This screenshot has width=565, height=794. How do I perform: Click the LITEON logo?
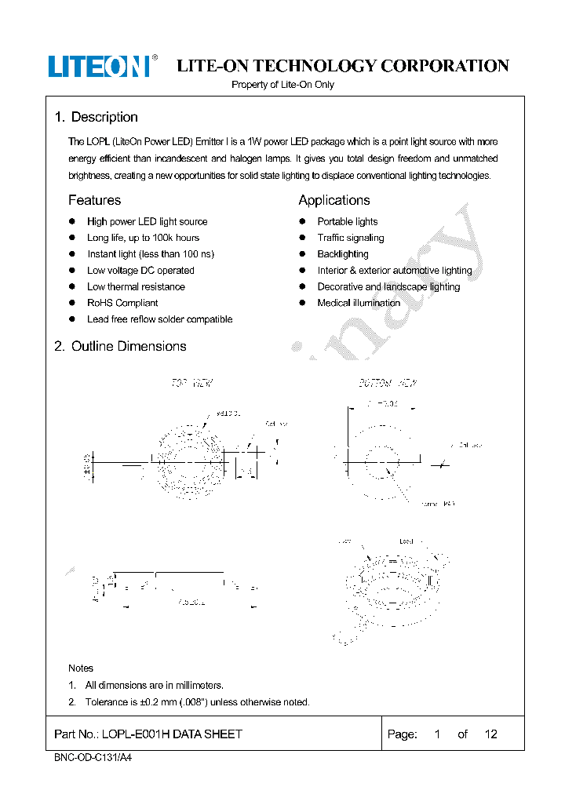pyautogui.click(x=99, y=66)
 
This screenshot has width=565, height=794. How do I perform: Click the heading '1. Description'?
pyautogui.click(x=96, y=117)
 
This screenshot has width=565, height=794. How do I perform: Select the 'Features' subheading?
pyautogui.click(x=94, y=200)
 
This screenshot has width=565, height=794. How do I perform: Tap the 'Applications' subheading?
pyautogui.click(x=334, y=200)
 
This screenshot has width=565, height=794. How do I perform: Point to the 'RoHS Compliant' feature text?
pyautogui.click(x=122, y=303)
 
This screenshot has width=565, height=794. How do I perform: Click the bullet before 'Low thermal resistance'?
pyautogui.click(x=71, y=286)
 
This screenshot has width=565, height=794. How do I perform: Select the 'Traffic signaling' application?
pyautogui.click(x=350, y=238)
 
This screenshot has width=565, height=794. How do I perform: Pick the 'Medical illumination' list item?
pyautogui.click(x=358, y=303)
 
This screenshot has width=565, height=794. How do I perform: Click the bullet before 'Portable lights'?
pyautogui.click(x=301, y=221)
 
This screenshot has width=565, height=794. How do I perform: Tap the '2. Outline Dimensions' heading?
pyautogui.click(x=120, y=346)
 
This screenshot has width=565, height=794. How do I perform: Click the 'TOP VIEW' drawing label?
pyautogui.click(x=192, y=384)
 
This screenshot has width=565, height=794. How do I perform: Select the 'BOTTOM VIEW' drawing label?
pyautogui.click(x=388, y=384)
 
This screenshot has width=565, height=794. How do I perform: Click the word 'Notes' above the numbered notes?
pyautogui.click(x=81, y=668)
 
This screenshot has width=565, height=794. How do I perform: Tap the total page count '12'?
pyautogui.click(x=490, y=734)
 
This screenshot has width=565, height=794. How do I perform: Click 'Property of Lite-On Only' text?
pyautogui.click(x=282, y=85)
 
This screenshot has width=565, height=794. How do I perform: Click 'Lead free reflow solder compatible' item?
pyautogui.click(x=159, y=319)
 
